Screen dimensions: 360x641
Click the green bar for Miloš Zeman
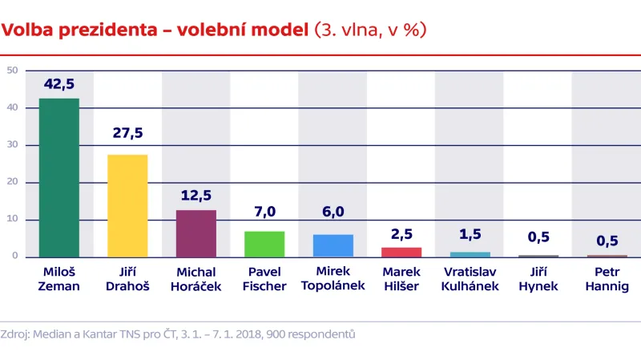[59, 177]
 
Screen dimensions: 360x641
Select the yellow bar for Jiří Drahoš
[127, 205]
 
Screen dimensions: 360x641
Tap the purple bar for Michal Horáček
[196, 233]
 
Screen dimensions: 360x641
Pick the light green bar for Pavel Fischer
[264, 244]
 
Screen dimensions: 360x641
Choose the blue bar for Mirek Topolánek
[333, 245]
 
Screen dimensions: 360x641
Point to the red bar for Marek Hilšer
[401, 252]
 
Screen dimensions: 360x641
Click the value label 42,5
[59, 85]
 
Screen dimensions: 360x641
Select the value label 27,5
[127, 133]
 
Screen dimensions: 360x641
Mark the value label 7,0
[264, 211]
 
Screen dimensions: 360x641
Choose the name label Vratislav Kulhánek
[469, 279]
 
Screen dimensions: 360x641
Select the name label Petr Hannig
[606, 279]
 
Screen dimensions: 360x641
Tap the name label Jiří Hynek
[537, 279]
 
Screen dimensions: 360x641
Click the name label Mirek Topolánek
[333, 279]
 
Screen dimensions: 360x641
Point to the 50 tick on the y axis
[12, 71]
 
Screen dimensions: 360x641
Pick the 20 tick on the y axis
[12, 182]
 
